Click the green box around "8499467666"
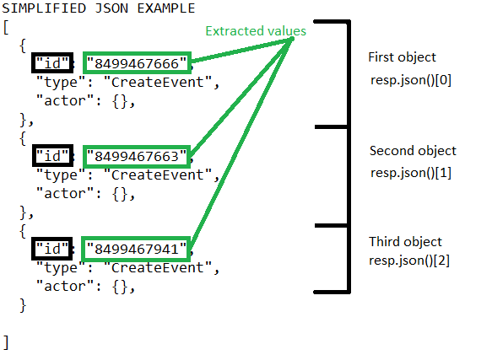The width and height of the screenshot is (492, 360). pos(137,52)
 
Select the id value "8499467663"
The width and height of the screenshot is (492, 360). pos(137,157)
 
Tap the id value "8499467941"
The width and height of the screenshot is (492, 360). pos(137,250)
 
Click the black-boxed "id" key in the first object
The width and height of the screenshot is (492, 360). pos(52,63)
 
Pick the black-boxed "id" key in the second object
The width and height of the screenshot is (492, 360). pos(52,155)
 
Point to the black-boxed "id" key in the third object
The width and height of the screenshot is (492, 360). pos(51,249)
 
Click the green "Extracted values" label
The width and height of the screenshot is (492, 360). pos(256,31)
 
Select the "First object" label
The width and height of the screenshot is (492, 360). pos(402,57)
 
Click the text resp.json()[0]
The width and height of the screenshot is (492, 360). pos(411,80)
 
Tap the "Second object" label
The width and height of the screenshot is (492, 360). pos(413,151)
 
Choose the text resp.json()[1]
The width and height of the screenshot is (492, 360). pos(411,173)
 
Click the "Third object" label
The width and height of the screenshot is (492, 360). pos(405,242)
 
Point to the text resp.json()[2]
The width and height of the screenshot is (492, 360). pos(409,261)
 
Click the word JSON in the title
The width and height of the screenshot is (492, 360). pos(111,8)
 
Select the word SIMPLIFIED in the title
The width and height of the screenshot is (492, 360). pos(44,8)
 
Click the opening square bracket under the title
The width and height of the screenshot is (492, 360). pos(6,27)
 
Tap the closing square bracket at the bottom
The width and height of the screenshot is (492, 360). pos(6,342)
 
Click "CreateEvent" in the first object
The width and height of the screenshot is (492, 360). pos(158,83)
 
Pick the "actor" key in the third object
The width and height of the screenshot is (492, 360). pos(65,286)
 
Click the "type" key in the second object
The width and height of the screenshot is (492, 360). pos(61,175)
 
